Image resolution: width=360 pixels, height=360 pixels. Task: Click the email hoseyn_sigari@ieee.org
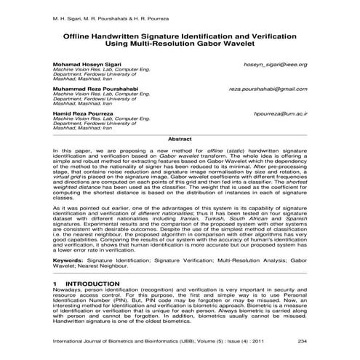[276, 65]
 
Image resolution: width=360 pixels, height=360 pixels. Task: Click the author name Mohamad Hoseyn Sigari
[88, 65]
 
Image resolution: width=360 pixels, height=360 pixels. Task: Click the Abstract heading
[180, 137]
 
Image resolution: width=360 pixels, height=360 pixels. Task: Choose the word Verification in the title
[264, 35]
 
